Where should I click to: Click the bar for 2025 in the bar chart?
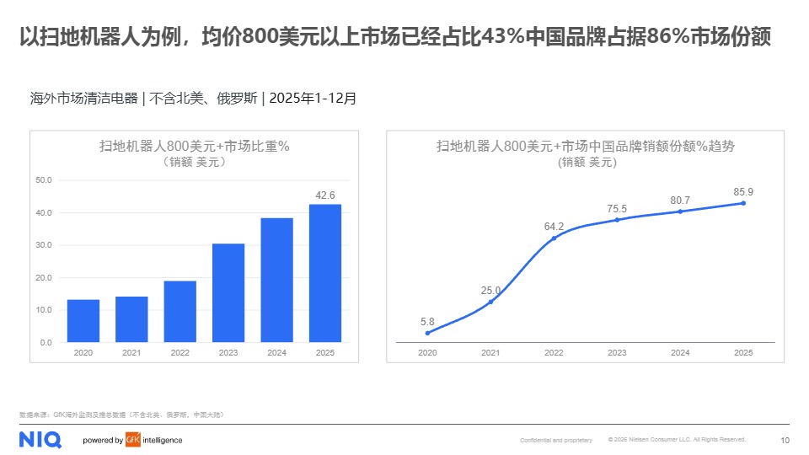[324, 273]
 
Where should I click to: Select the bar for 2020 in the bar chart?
[83, 321]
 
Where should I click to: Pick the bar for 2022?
[180, 312]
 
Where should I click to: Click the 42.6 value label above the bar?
[324, 195]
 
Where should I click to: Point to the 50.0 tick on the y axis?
[44, 180]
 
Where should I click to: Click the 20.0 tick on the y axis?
[44, 278]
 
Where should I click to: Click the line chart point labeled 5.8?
[427, 333]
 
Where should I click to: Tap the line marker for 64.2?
[554, 238]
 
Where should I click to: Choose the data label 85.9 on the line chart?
[743, 191]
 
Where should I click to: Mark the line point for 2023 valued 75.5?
[617, 220]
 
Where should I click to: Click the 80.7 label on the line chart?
[680, 200]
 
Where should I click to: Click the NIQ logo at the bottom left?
[40, 439]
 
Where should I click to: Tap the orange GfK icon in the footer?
[132, 440]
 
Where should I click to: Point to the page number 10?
[785, 440]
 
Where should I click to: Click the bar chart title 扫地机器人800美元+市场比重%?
[195, 146]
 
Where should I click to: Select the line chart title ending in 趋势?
[586, 146]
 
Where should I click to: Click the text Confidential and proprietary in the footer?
[555, 441]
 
